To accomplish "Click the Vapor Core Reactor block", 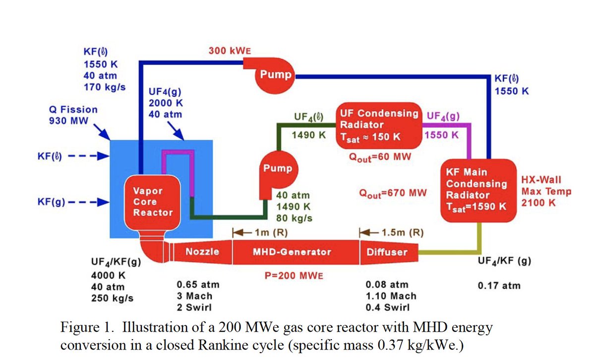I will pos(153,202).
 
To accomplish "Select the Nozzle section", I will pos(202,252).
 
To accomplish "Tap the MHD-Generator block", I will pos(292,252).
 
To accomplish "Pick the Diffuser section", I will pos(387,252).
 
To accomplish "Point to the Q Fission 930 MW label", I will pos(73,115).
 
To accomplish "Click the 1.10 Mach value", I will pos(391,296).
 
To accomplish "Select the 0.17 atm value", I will pos(499,286).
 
